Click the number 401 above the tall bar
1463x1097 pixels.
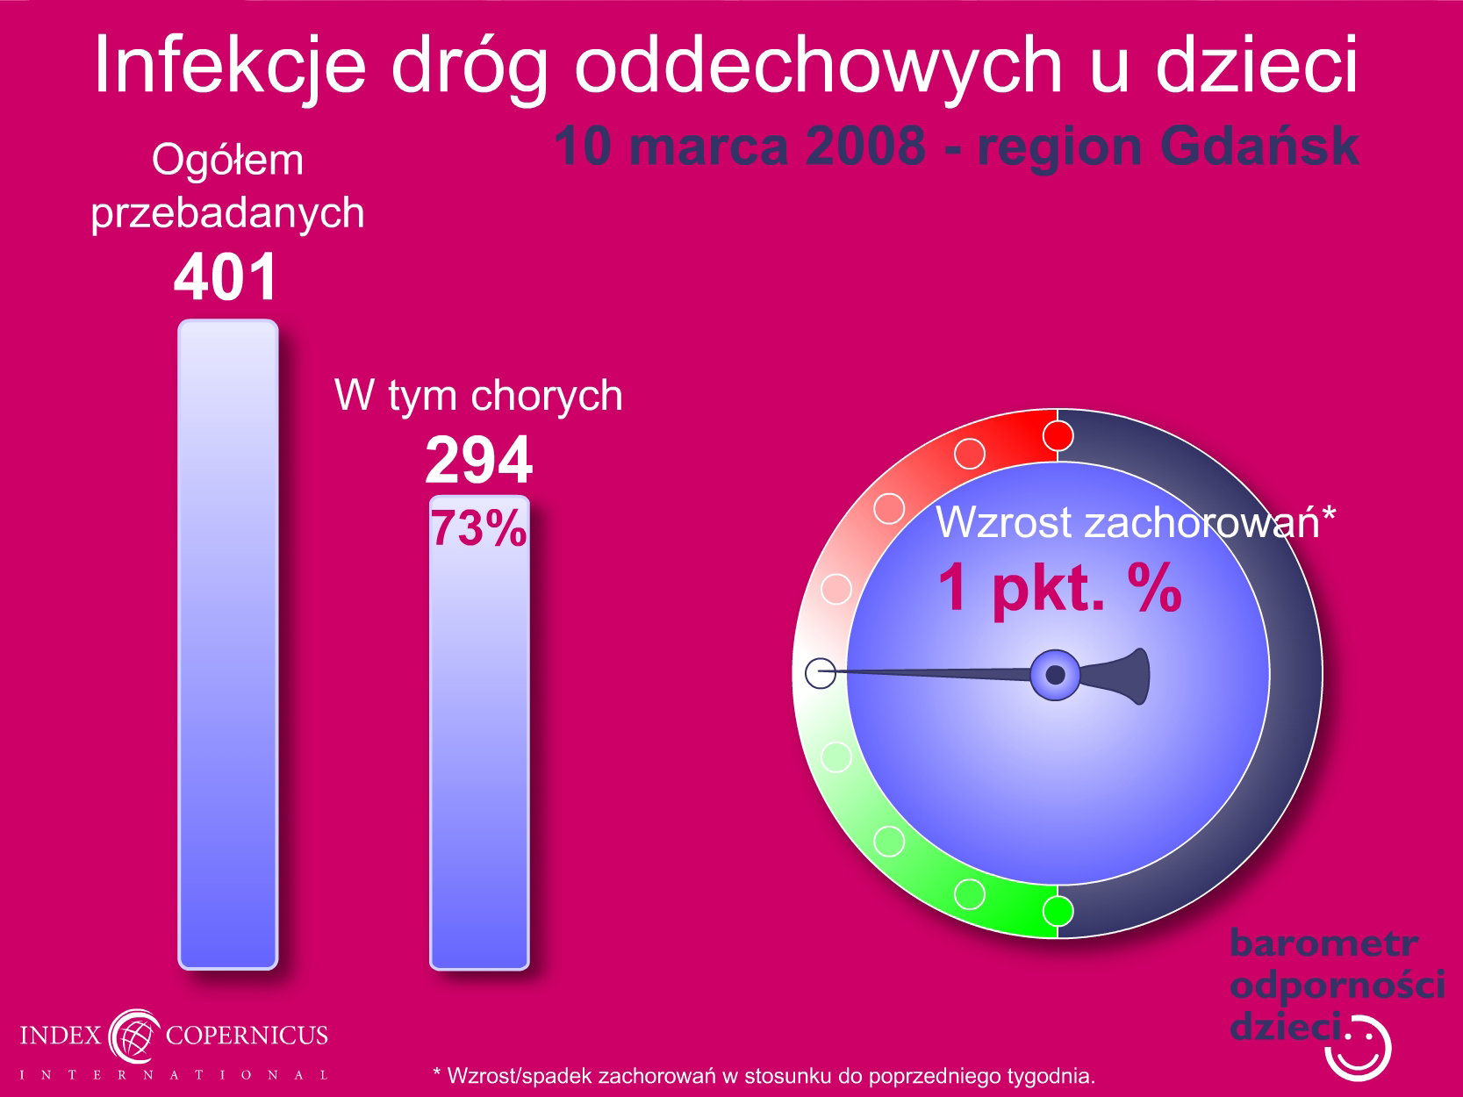226,277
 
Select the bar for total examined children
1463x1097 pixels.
228,644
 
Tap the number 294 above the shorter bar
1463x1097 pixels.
478,460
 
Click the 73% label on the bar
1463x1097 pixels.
478,528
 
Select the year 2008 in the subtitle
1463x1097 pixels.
865,146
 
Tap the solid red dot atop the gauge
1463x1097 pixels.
1058,436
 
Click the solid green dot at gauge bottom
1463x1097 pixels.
1058,911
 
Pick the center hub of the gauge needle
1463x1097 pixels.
1055,675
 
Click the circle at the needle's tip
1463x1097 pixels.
821,673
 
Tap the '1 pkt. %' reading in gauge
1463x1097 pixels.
1059,589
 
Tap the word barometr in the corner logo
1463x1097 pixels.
1323,943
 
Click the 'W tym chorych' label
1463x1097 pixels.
478,396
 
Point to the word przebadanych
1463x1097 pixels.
228,214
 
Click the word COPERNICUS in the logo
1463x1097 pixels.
247,1036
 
